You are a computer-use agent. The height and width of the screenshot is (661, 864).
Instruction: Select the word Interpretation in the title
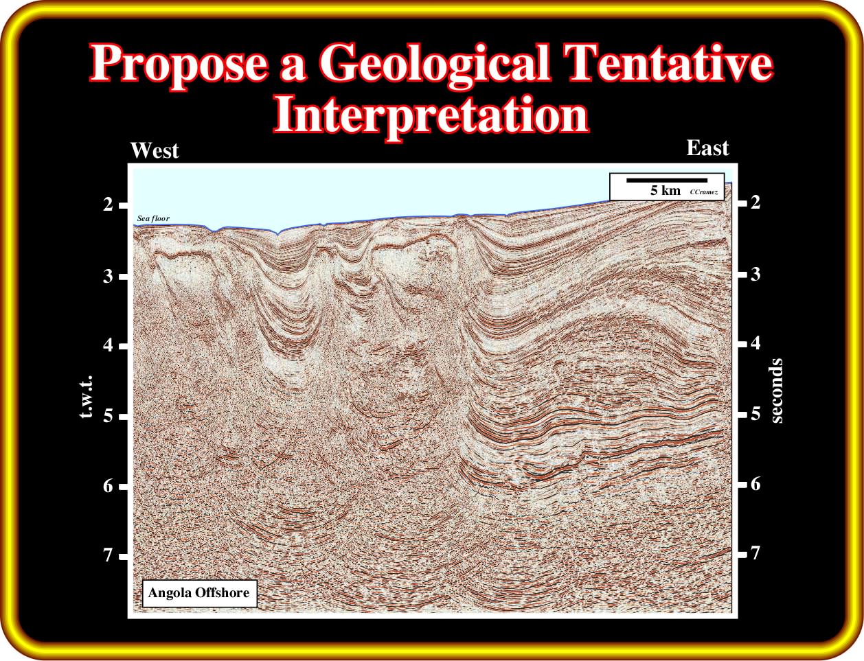click(x=431, y=114)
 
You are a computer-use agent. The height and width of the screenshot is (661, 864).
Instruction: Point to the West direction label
click(x=155, y=150)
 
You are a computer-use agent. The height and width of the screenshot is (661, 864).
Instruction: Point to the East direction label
click(x=707, y=148)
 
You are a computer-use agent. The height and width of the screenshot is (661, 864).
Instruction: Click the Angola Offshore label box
click(x=199, y=593)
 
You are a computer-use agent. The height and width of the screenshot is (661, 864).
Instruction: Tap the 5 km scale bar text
click(x=666, y=191)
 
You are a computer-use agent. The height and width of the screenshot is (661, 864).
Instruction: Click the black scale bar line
click(x=667, y=181)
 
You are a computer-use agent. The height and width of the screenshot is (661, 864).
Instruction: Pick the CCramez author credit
click(x=704, y=192)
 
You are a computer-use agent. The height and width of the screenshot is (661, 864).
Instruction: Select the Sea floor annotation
click(x=153, y=218)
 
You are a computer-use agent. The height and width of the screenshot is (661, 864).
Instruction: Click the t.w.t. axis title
click(x=86, y=397)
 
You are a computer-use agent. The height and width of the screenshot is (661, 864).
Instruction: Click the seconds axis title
click(x=776, y=391)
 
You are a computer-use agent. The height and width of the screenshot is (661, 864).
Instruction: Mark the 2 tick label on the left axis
click(x=108, y=205)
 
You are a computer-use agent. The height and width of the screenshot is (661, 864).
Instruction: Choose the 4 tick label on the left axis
click(x=108, y=345)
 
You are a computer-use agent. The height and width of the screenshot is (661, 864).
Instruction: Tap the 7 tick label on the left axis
click(x=108, y=555)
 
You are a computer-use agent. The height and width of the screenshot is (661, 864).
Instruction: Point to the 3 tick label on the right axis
click(x=755, y=274)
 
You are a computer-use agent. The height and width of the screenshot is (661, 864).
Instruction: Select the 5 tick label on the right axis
click(x=755, y=413)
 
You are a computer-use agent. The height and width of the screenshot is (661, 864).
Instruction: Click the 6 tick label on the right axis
click(x=755, y=484)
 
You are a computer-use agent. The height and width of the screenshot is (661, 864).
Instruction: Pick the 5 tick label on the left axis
click(x=108, y=416)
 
